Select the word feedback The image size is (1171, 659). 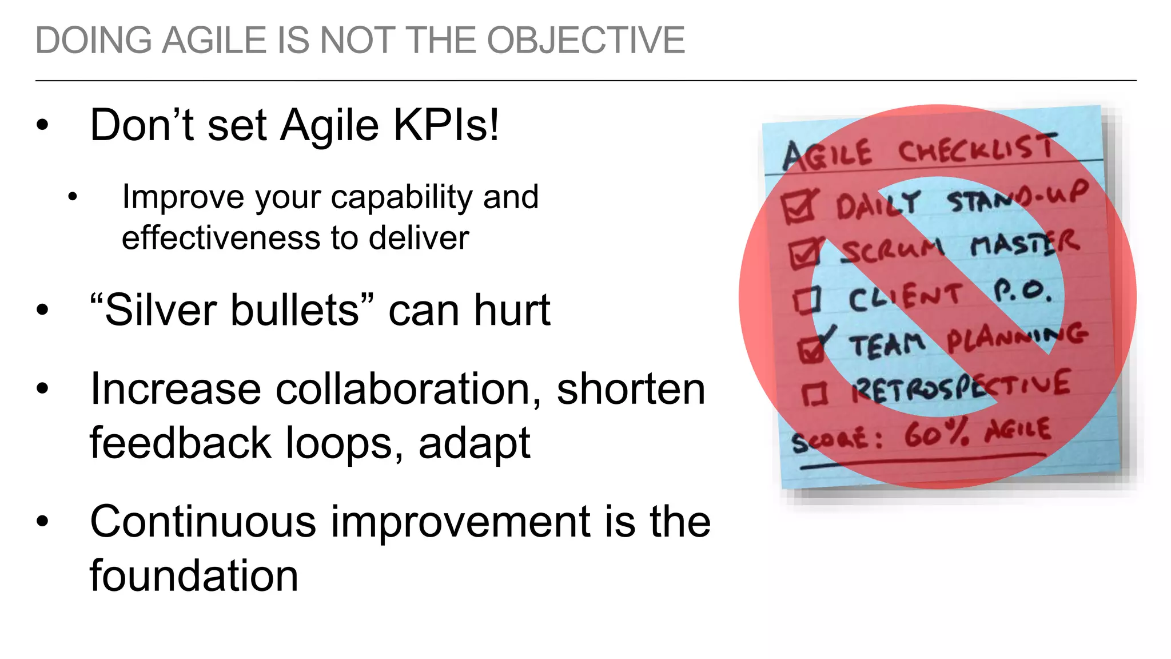[x=180, y=443]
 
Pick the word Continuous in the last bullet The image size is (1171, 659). [x=202, y=522]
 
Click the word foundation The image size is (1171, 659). [x=194, y=576]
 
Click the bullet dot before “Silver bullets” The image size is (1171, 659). [x=42, y=311]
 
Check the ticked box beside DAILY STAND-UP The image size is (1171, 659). [x=798, y=207]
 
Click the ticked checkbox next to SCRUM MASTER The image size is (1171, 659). [x=805, y=253]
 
